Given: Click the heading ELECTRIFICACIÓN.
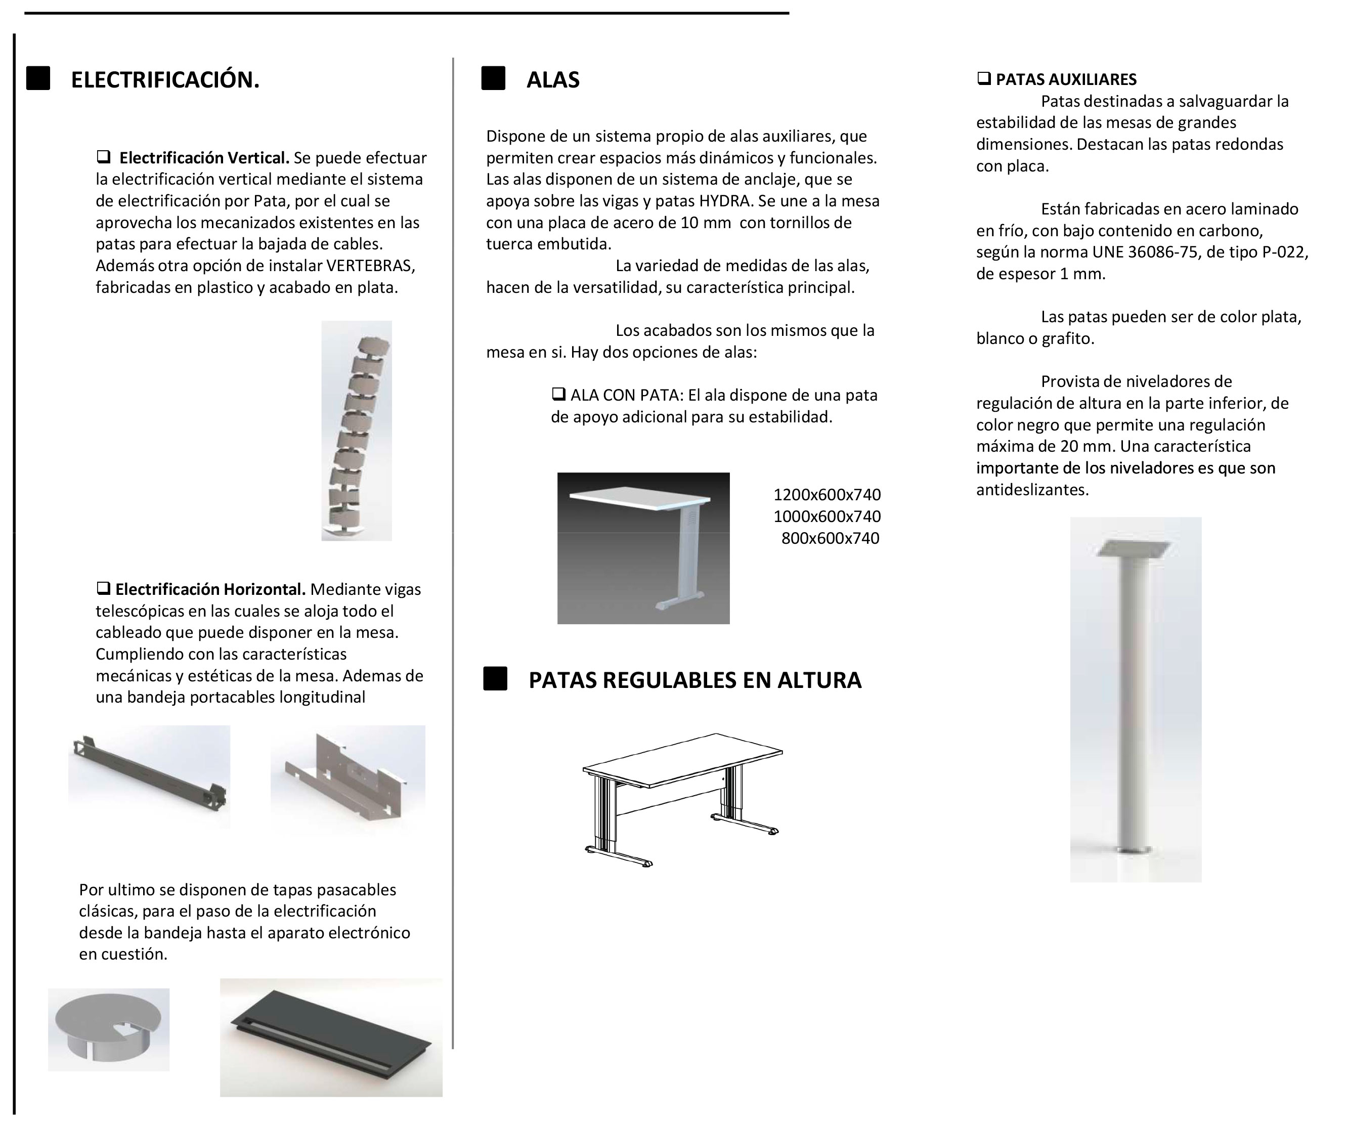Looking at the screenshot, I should pos(165,79).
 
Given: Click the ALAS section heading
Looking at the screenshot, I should pos(552,79).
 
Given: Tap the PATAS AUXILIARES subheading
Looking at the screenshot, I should pos(1065,79).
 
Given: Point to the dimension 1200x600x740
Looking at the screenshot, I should pos(827,495).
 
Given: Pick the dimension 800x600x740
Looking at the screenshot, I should pos(830,538).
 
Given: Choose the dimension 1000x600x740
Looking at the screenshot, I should pos(827,516).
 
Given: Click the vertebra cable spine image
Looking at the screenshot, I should pos(357,430).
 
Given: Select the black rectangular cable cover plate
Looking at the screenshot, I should pos(331,1037).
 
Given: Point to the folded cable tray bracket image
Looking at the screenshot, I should pos(348,777).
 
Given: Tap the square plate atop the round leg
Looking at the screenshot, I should pos(1133,548).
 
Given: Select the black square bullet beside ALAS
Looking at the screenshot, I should pos(493,78).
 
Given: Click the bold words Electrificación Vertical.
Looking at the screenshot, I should pos(204,158).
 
